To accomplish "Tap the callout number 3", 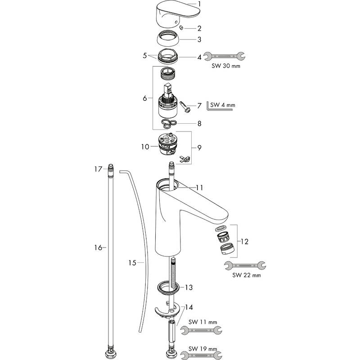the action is click(x=199, y=40).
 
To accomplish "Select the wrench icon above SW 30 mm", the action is click(x=225, y=56).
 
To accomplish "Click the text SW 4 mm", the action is click(x=223, y=105).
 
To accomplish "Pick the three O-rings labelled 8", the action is click(x=169, y=123).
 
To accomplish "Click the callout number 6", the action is click(x=144, y=98).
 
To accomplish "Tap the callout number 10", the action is click(x=145, y=147).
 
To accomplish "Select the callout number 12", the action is click(x=244, y=242).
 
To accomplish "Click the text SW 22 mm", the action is click(x=247, y=275).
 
